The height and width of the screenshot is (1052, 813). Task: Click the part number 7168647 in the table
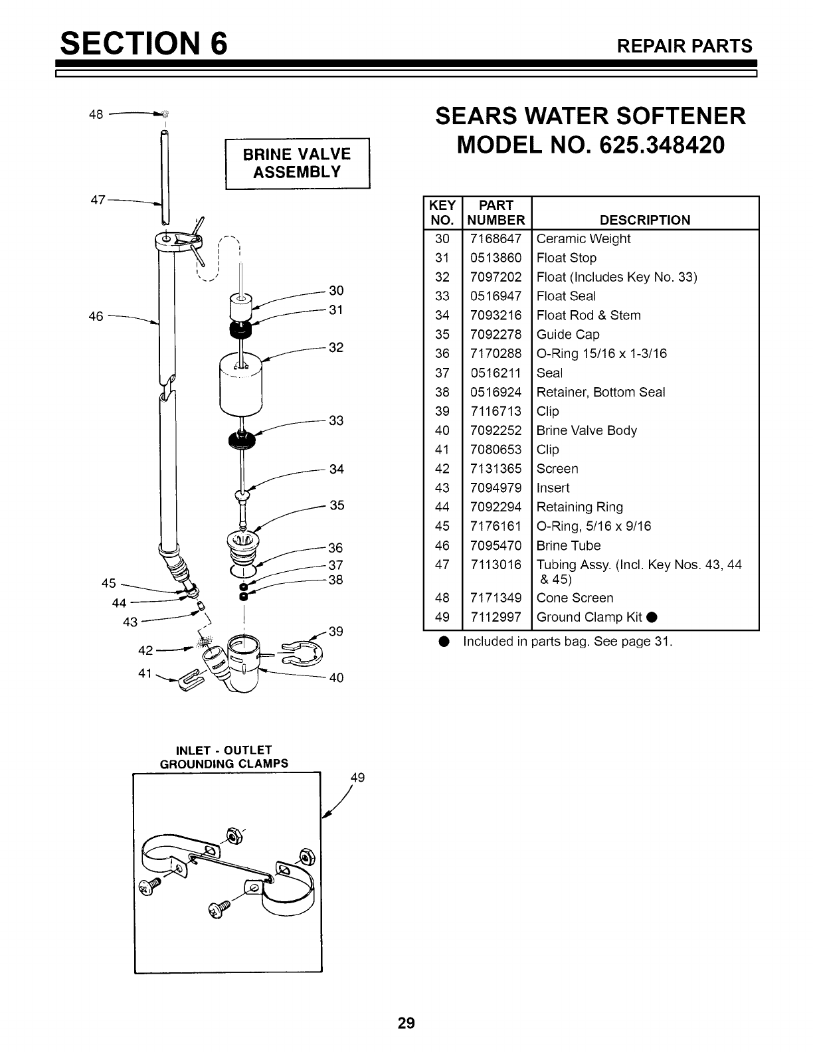(x=496, y=238)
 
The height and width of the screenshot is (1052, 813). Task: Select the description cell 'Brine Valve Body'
(x=587, y=430)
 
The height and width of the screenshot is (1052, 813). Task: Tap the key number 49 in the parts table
(x=442, y=617)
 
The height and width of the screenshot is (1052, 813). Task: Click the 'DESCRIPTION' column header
(x=645, y=220)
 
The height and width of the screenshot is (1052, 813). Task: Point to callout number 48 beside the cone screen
(x=96, y=114)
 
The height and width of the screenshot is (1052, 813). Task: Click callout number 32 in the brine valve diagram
(x=336, y=347)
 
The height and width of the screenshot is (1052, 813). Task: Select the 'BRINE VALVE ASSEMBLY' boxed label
(x=297, y=163)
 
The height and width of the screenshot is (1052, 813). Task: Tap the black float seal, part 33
(x=242, y=439)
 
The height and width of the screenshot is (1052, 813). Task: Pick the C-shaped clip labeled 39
(x=303, y=653)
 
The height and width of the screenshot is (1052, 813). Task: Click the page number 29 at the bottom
(x=406, y=1023)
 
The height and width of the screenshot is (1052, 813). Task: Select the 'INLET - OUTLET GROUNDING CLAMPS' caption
(x=225, y=757)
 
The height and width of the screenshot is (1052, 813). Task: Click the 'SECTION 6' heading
(x=143, y=43)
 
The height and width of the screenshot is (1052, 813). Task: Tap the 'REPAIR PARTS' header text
(x=685, y=46)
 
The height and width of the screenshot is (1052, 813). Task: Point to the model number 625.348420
(x=662, y=145)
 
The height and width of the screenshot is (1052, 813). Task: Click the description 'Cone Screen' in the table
(x=575, y=598)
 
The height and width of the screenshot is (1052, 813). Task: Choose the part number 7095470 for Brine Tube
(x=496, y=546)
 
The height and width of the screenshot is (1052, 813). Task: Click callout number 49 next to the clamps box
(x=357, y=778)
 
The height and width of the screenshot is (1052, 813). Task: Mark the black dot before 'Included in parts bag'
(x=444, y=642)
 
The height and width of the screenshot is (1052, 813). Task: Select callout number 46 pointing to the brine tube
(x=96, y=316)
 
